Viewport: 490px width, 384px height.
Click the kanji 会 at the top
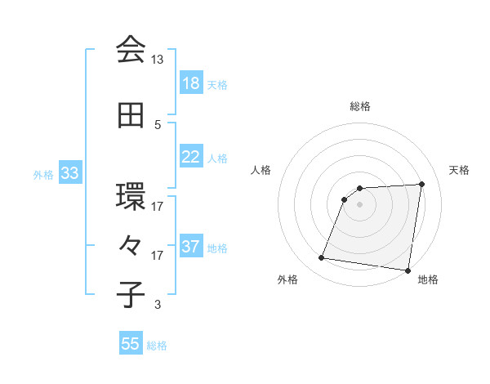click(131, 50)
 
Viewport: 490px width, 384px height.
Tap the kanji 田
click(131, 116)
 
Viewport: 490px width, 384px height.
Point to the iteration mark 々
click(131, 246)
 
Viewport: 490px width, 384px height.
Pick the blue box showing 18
click(191, 84)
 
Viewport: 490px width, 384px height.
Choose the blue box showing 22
click(191, 157)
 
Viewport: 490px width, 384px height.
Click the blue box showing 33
click(69, 173)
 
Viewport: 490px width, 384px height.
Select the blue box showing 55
click(131, 344)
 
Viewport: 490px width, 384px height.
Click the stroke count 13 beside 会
click(158, 60)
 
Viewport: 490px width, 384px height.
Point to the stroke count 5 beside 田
click(158, 125)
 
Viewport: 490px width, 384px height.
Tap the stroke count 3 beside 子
click(158, 306)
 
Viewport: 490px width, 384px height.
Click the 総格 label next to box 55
click(157, 346)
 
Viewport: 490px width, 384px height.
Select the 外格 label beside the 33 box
click(43, 174)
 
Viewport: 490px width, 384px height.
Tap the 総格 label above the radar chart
click(360, 106)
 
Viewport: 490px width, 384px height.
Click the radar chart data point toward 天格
click(421, 184)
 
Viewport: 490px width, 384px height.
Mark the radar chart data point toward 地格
click(408, 270)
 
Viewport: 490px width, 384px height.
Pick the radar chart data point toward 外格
click(321, 258)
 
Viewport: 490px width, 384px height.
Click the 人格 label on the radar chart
click(261, 170)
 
